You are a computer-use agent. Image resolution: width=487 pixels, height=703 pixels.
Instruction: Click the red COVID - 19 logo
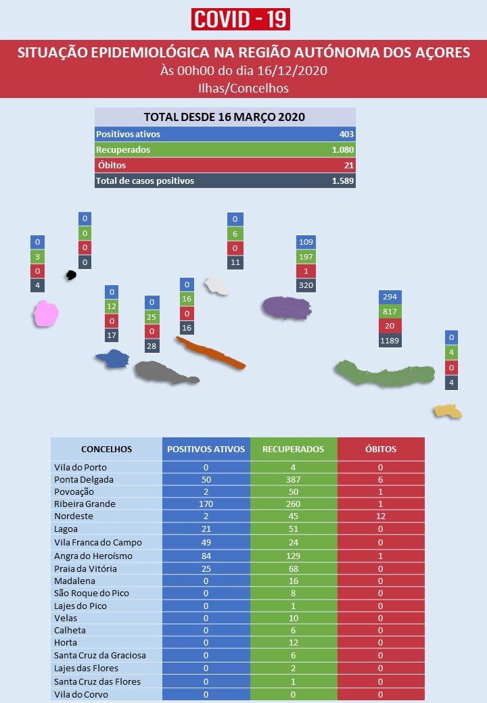240,20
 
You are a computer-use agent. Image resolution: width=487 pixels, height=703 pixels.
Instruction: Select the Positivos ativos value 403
346,134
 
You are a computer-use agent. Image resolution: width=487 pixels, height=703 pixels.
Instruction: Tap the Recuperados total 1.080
343,150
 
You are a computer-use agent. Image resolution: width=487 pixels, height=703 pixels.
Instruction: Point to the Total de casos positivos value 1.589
343,180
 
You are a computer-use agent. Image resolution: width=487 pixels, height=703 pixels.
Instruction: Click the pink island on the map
46,314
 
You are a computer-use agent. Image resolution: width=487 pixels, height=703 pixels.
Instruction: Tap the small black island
71,275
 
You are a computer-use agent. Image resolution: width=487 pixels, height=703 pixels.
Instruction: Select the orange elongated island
210,353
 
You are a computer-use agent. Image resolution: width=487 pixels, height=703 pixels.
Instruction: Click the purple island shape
287,308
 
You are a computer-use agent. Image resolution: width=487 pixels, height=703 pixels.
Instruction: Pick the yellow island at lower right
448,411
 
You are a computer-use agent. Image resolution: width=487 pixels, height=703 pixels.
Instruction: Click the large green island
385,373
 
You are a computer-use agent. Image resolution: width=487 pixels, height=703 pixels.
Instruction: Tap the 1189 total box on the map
390,341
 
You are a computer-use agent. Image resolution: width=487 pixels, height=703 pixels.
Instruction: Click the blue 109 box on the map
306,242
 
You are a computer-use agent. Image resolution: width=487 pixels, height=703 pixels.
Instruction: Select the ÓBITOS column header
381,450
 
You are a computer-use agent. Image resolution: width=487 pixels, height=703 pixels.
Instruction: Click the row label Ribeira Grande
85,504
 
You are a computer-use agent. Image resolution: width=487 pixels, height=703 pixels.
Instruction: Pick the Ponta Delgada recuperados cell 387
294,480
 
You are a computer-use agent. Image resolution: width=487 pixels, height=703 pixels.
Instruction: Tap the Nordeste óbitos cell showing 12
381,516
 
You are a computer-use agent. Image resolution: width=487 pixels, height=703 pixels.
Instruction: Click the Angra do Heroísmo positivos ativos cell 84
206,556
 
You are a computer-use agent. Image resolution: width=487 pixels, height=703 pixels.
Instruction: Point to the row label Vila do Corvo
81,694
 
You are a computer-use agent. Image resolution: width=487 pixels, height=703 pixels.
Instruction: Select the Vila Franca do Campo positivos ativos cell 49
206,543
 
